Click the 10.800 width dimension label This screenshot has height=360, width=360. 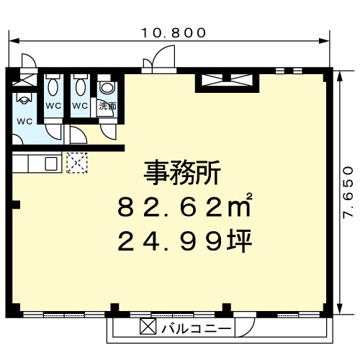click(x=174, y=33)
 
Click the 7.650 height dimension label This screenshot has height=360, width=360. click(x=348, y=192)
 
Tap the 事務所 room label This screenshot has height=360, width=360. click(x=182, y=173)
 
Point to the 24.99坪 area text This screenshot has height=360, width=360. click(x=185, y=240)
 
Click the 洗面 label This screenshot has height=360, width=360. click(x=108, y=106)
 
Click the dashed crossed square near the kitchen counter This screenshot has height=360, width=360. click(x=77, y=163)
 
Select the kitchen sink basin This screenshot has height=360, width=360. click(x=51, y=163)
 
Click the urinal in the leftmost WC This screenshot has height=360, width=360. click(x=24, y=98)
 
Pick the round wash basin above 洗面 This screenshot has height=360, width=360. click(x=108, y=87)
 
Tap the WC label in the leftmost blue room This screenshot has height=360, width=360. click(x=24, y=122)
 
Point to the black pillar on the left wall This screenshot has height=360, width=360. click(x=16, y=204)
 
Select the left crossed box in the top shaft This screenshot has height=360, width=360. click(x=212, y=80)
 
